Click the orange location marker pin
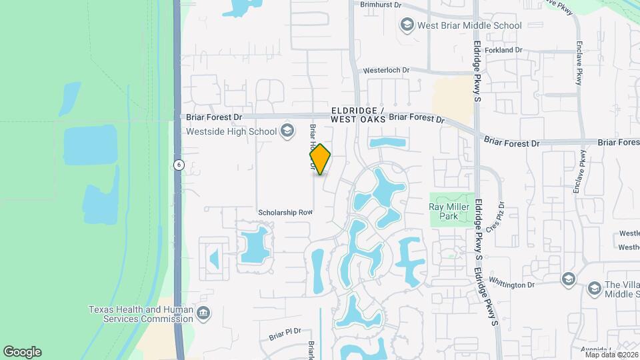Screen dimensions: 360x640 point(320,159)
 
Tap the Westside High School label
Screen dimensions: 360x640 point(231,131)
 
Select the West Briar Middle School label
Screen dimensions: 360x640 point(469,25)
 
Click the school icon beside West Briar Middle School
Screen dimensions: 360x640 point(406,25)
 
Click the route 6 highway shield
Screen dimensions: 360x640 point(178,165)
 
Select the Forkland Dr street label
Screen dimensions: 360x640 point(503,50)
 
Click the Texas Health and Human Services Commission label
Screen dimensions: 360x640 point(141,314)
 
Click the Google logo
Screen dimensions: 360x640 point(22,352)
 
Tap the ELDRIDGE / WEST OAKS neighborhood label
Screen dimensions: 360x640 point(358,114)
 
